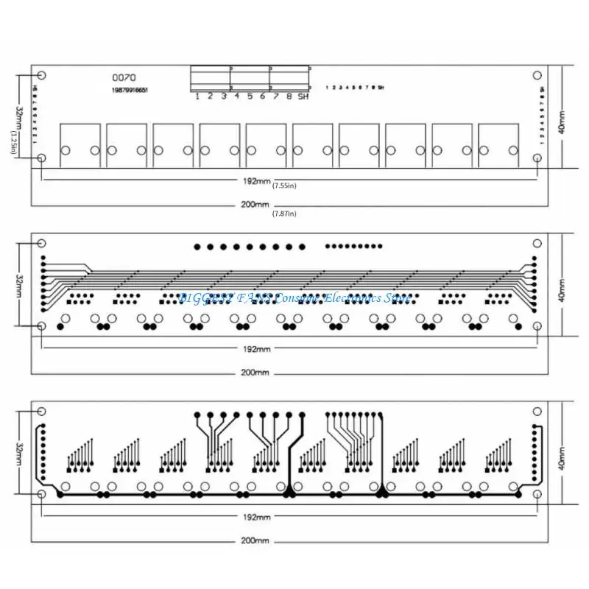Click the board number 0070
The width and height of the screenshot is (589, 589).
tap(124, 77)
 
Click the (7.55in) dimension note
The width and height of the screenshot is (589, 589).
tap(284, 186)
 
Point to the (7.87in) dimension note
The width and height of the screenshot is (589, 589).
tap(284, 214)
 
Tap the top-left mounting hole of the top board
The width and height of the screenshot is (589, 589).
tap(41, 75)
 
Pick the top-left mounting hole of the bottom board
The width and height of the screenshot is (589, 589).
tap(41, 411)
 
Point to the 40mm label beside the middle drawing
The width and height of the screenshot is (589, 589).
tap(561, 289)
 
